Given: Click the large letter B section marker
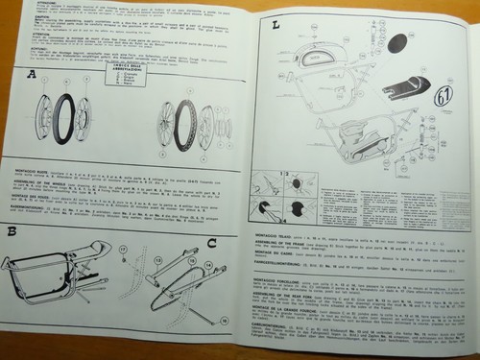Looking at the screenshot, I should click(12, 231).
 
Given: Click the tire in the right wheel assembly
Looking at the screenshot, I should click(184, 126).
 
